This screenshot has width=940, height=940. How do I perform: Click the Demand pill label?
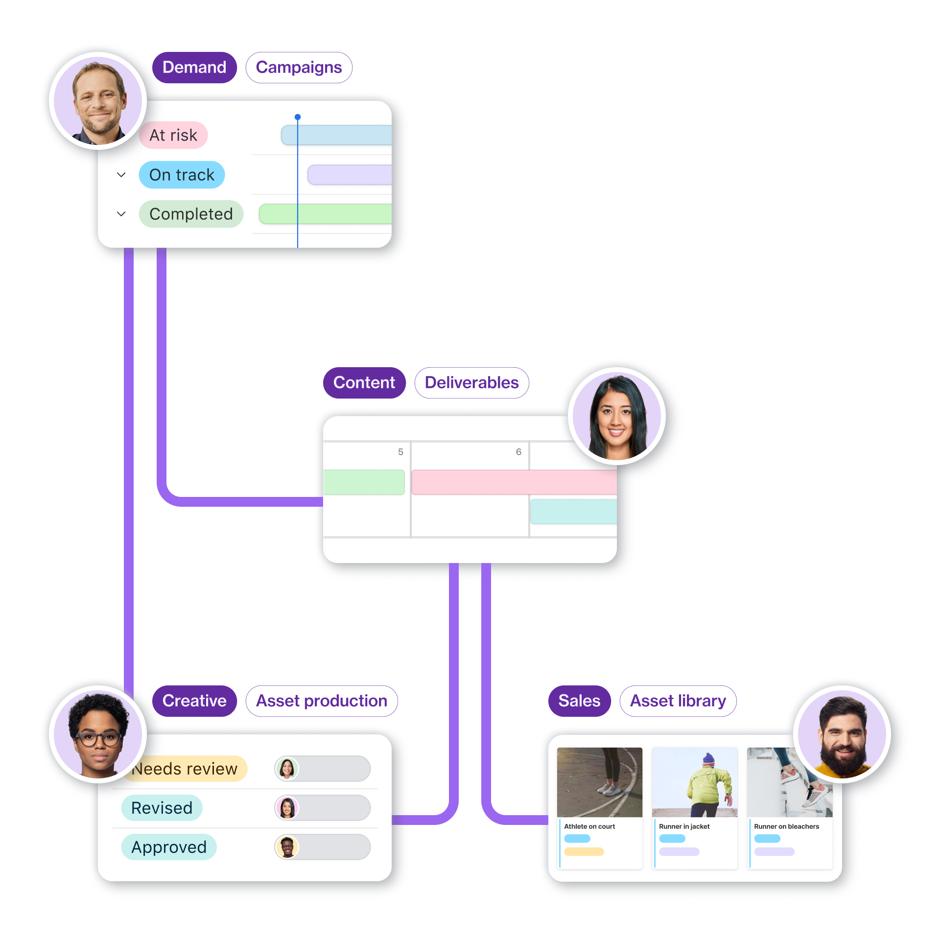[x=194, y=68]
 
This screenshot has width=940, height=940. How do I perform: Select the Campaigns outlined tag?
[x=299, y=68]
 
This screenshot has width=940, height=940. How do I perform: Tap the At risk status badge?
[x=173, y=135]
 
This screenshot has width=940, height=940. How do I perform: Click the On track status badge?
[x=182, y=175]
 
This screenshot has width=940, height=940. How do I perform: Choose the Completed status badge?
[x=191, y=214]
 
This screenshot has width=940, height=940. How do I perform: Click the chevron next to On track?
[x=121, y=175]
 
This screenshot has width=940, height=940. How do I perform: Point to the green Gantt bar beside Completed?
[x=325, y=214]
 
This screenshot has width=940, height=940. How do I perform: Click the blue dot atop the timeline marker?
[x=298, y=117]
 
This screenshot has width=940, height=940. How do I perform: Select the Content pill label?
[x=364, y=383]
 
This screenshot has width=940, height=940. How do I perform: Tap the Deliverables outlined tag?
[x=471, y=383]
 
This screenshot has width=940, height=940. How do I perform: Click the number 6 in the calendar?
[x=518, y=452]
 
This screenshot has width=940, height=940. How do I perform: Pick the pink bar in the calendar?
[x=514, y=482]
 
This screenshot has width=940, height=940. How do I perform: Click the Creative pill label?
[x=194, y=701]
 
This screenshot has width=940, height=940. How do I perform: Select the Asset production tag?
[x=322, y=701]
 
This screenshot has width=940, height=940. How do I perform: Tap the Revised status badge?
[x=162, y=808]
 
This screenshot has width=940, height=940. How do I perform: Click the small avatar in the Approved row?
[x=287, y=847]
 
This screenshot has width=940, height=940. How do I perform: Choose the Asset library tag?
[x=678, y=701]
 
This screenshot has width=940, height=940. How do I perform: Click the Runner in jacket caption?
[x=684, y=826]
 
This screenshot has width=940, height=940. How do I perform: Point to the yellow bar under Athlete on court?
[x=584, y=852]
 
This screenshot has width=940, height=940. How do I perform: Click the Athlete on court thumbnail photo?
[x=600, y=782]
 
